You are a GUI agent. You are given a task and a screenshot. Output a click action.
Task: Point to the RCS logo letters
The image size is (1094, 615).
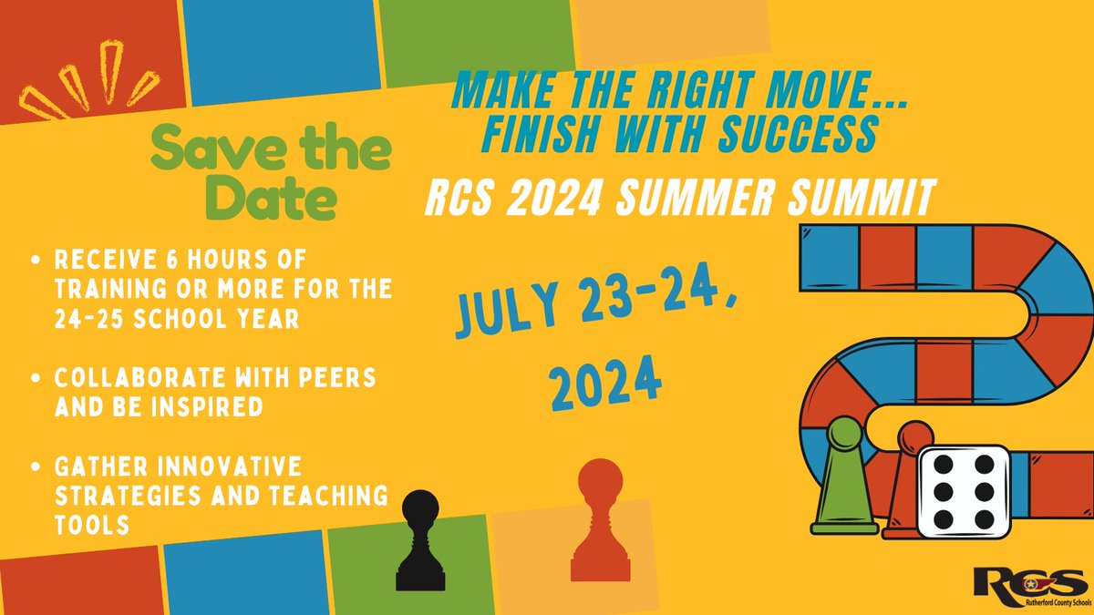pyautogui.click(x=1027, y=580)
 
